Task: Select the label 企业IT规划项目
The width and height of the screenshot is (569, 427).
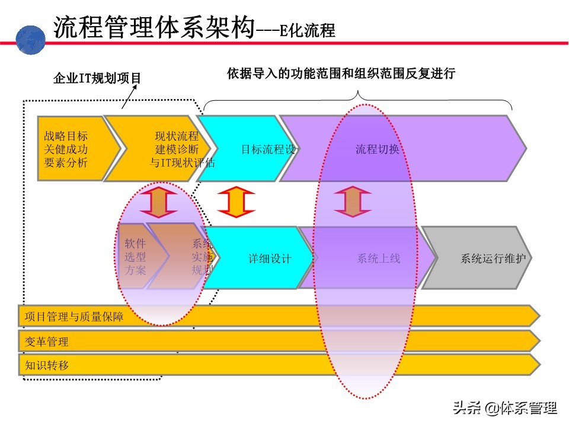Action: (x=97, y=78)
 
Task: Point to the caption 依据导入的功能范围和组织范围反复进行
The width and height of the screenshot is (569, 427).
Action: (x=341, y=74)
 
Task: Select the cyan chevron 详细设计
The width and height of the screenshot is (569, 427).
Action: (x=270, y=259)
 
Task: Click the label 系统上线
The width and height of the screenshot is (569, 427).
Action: (x=378, y=259)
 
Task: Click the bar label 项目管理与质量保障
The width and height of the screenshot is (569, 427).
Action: (x=74, y=317)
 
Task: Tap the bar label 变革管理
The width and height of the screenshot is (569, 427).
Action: (x=47, y=342)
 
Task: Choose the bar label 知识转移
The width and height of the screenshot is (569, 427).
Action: (x=47, y=365)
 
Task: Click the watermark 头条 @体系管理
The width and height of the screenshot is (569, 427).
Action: (x=505, y=409)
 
